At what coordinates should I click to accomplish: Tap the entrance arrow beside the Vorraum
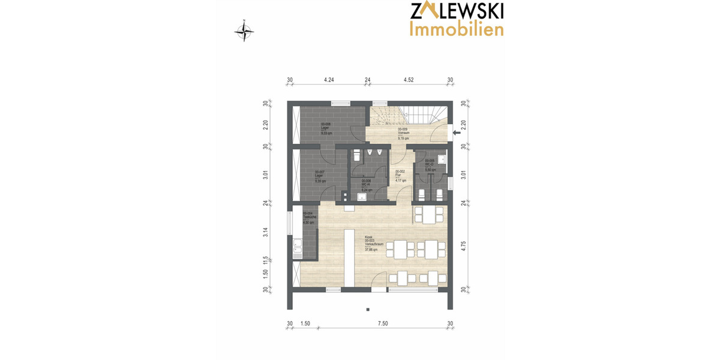pyautogui.click(x=457, y=133)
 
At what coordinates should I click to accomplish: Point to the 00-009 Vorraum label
pyautogui.click(x=403, y=133)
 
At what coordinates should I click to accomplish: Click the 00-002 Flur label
pyautogui.click(x=401, y=175)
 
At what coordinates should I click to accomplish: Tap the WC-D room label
pyautogui.click(x=430, y=165)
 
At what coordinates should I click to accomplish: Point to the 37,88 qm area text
pyautogui.click(x=373, y=250)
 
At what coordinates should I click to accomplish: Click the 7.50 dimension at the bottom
pyautogui.click(x=383, y=323)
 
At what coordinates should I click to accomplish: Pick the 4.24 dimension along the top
pyautogui.click(x=328, y=79)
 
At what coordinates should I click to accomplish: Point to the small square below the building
pyautogui.click(x=367, y=310)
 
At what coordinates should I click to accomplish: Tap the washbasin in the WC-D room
pyautogui.click(x=441, y=159)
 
